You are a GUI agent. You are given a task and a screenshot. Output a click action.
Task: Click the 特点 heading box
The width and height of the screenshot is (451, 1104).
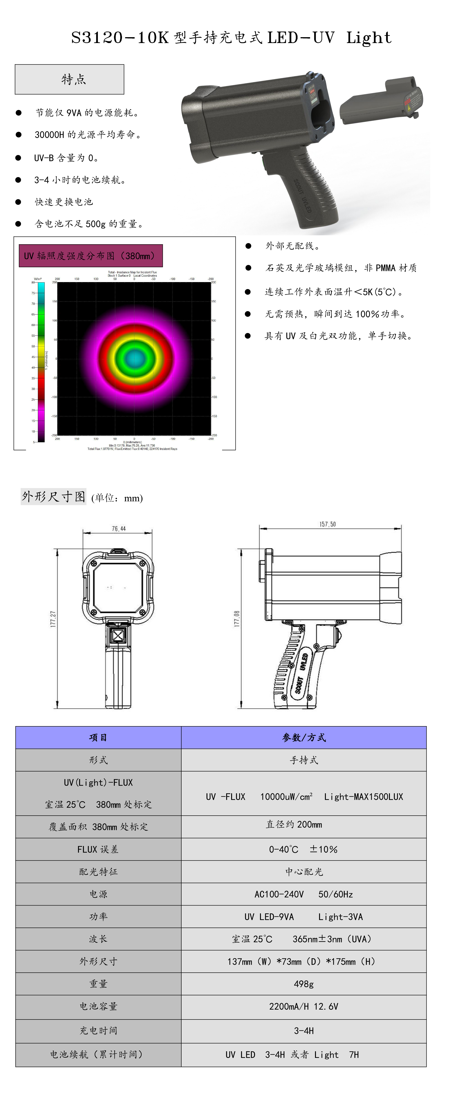point(69,79)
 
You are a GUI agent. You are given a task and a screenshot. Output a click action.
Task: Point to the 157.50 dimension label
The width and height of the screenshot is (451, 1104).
point(327,524)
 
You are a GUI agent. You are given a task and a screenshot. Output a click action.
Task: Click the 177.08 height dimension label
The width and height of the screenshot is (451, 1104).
point(237,619)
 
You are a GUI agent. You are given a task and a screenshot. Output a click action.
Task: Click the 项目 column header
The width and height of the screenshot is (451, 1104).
point(98,738)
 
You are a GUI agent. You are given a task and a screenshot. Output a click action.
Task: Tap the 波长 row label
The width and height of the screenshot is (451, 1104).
point(98,939)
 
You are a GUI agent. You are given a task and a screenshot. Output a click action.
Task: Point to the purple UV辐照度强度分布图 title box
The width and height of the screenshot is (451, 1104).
point(91,256)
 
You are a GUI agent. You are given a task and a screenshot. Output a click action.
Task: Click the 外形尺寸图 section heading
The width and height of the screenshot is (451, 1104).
point(54,497)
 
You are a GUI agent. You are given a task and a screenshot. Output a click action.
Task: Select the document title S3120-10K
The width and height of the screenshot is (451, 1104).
point(120,38)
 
